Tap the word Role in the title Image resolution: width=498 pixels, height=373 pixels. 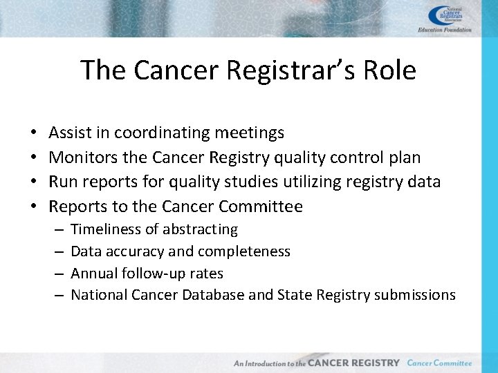(x=389, y=70)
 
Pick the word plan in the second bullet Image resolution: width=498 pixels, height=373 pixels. (x=404, y=157)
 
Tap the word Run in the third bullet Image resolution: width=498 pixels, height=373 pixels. (x=62, y=182)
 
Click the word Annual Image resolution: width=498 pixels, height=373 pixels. (x=93, y=274)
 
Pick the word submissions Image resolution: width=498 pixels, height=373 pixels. (x=414, y=296)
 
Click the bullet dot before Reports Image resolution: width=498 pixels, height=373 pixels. (x=34, y=207)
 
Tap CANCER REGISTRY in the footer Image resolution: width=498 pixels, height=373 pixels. (x=353, y=363)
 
